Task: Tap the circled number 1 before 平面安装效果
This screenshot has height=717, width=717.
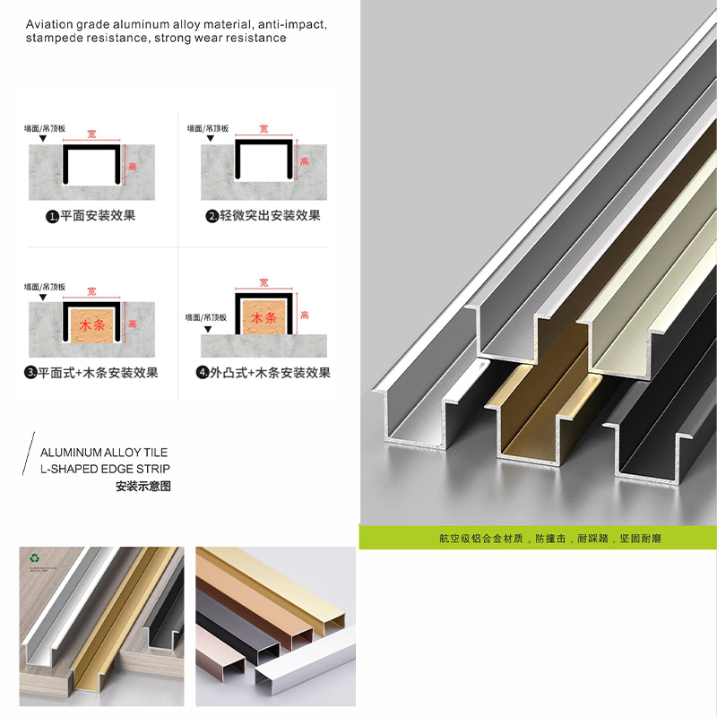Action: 53,216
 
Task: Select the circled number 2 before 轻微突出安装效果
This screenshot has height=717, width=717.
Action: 212,216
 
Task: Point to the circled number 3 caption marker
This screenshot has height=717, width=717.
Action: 31,373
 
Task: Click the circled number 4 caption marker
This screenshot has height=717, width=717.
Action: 203,373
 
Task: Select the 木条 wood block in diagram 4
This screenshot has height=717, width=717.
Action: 263,318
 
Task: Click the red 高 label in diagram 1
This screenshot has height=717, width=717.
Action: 133,167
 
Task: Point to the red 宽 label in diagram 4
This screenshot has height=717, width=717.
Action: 263,283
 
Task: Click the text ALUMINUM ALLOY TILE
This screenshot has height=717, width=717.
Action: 104,453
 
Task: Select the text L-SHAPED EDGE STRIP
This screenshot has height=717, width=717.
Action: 105,469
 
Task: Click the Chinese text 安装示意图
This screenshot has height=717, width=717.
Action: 143,487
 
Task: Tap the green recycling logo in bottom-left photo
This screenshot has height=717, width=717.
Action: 35,557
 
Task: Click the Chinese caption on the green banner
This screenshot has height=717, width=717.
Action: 538,539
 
